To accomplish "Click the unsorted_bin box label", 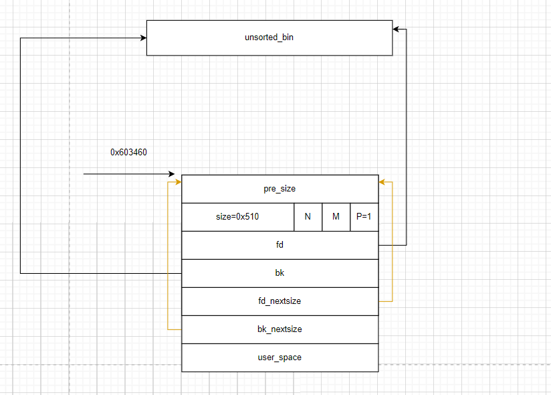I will click(269, 37).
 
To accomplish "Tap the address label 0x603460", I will click(128, 153).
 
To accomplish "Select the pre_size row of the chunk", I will click(280, 189).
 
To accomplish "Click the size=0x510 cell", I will click(237, 217).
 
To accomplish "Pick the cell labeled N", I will click(308, 217).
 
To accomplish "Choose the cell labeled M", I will click(336, 217).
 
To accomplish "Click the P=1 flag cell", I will click(364, 217).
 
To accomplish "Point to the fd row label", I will click(280, 245).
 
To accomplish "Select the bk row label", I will click(280, 273).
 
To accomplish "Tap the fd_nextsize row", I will click(280, 301).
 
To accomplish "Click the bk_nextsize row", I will click(280, 329).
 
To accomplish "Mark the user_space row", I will click(280, 358).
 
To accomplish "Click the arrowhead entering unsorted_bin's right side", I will click(396, 29).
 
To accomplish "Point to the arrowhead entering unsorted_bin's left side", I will click(143, 38).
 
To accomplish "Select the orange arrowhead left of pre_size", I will click(178, 181).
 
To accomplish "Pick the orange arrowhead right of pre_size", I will click(382, 181).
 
